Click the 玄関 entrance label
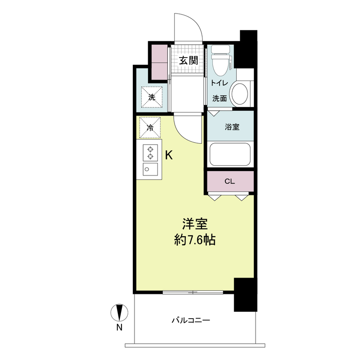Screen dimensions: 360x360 click(x=188, y=61)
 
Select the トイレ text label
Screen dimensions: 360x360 click(x=219, y=83)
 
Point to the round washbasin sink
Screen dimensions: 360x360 click(x=240, y=94)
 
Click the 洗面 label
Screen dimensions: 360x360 click(x=220, y=99)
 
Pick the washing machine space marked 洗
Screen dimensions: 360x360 click(x=152, y=97)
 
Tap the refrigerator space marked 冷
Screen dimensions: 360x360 click(x=150, y=128)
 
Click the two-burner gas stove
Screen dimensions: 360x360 click(x=150, y=153)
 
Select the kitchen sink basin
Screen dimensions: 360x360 click(x=150, y=170)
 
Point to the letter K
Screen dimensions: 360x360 click(x=169, y=156)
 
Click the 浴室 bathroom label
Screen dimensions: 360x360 click(x=232, y=127)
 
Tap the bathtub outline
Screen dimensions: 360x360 click(x=230, y=154)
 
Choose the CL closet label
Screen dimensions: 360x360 click(x=229, y=181)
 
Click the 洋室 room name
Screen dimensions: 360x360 click(x=195, y=224)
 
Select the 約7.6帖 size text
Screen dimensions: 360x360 click(x=195, y=240)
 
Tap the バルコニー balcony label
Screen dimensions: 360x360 click(x=191, y=320)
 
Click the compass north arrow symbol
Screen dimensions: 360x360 click(x=119, y=312)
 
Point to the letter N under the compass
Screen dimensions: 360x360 click(x=119, y=328)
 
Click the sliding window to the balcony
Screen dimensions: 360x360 click(x=193, y=292)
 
